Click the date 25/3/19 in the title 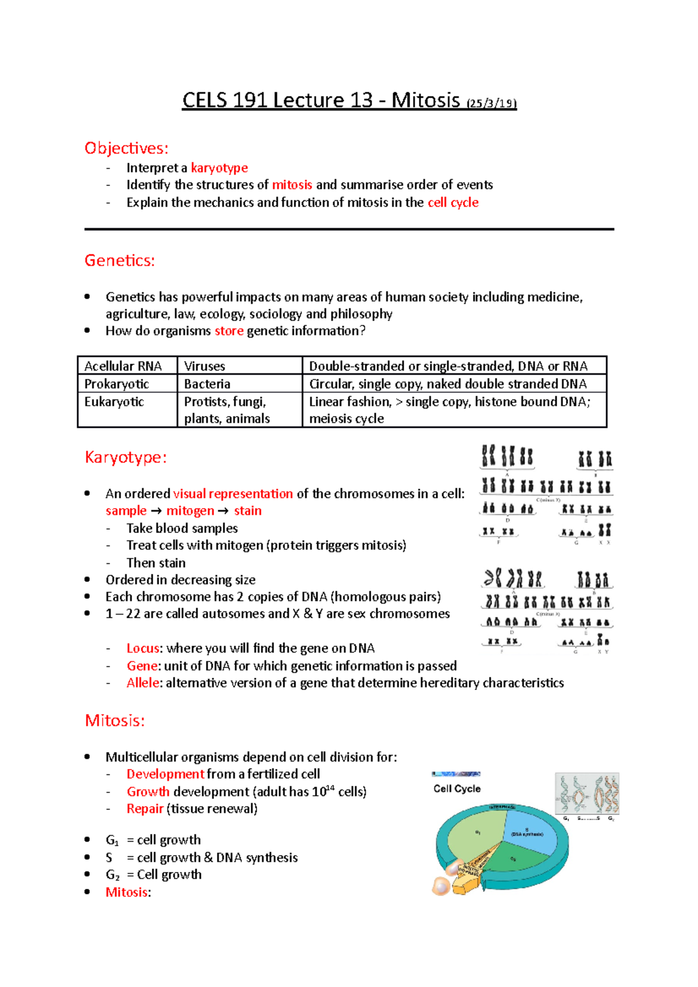[492, 103]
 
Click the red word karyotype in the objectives [219, 168]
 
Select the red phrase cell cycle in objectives [453, 202]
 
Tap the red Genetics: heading [120, 260]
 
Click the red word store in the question [229, 331]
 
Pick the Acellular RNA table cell [123, 366]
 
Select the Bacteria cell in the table [207, 384]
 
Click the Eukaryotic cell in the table [114, 402]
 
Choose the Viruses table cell [205, 366]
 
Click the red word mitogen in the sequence [190, 510]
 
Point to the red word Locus [143, 648]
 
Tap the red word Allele [143, 682]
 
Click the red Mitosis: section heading [115, 721]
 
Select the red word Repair [145, 809]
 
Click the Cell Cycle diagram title [457, 789]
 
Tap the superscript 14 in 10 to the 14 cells [330, 788]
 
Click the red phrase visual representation [233, 493]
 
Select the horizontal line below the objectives [349, 229]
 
